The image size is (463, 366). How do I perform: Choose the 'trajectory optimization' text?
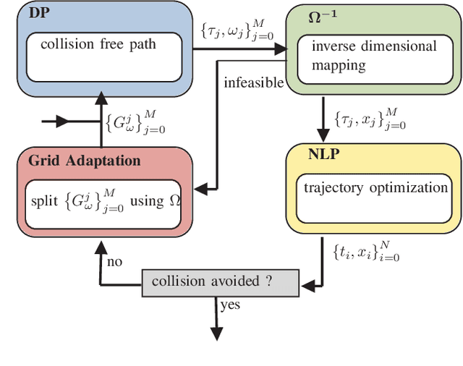click(x=375, y=188)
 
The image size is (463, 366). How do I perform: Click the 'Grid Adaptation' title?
click(x=84, y=160)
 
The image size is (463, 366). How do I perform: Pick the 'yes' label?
click(x=230, y=305)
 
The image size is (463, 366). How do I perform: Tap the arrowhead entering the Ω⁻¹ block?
click(x=281, y=49)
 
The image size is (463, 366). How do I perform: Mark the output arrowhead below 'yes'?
click(x=215, y=333)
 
